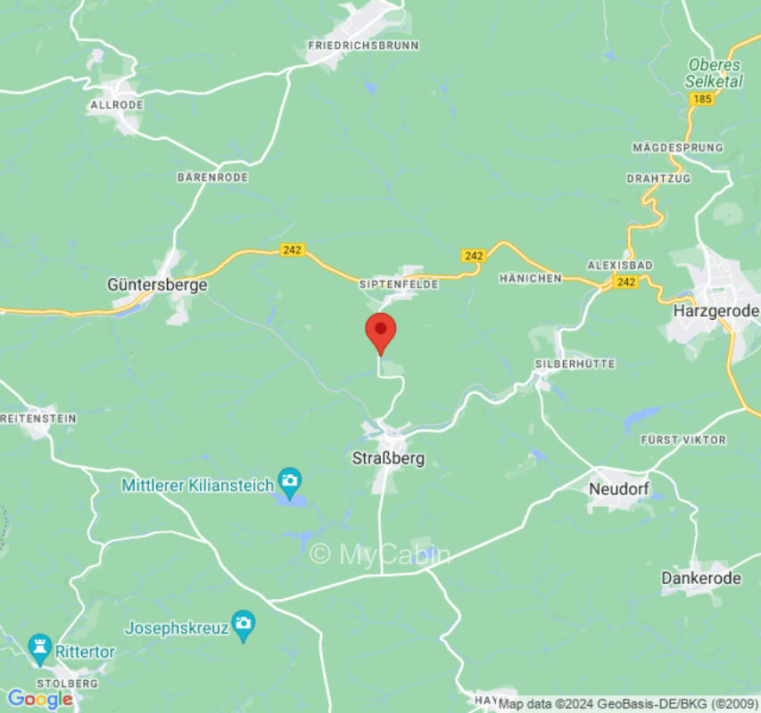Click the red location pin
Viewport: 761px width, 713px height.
coord(381,331)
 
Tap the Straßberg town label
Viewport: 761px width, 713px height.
coord(385,458)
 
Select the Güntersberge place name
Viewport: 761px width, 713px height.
coord(157,285)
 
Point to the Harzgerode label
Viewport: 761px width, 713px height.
coord(716,311)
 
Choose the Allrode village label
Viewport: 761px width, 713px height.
coord(115,105)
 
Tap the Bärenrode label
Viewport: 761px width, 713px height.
coord(212,177)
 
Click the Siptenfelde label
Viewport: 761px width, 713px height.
coord(399,283)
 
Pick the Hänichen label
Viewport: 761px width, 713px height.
coord(531,278)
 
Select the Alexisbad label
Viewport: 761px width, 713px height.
coord(620,266)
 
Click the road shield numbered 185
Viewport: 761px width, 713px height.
coord(702,99)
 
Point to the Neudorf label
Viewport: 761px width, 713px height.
coord(618,488)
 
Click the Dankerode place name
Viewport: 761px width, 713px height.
coord(701,578)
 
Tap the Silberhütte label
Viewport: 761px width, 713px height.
coord(564,365)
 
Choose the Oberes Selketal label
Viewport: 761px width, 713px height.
coord(715,73)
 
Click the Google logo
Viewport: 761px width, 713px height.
coord(39,700)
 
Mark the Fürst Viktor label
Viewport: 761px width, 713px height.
coord(683,440)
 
